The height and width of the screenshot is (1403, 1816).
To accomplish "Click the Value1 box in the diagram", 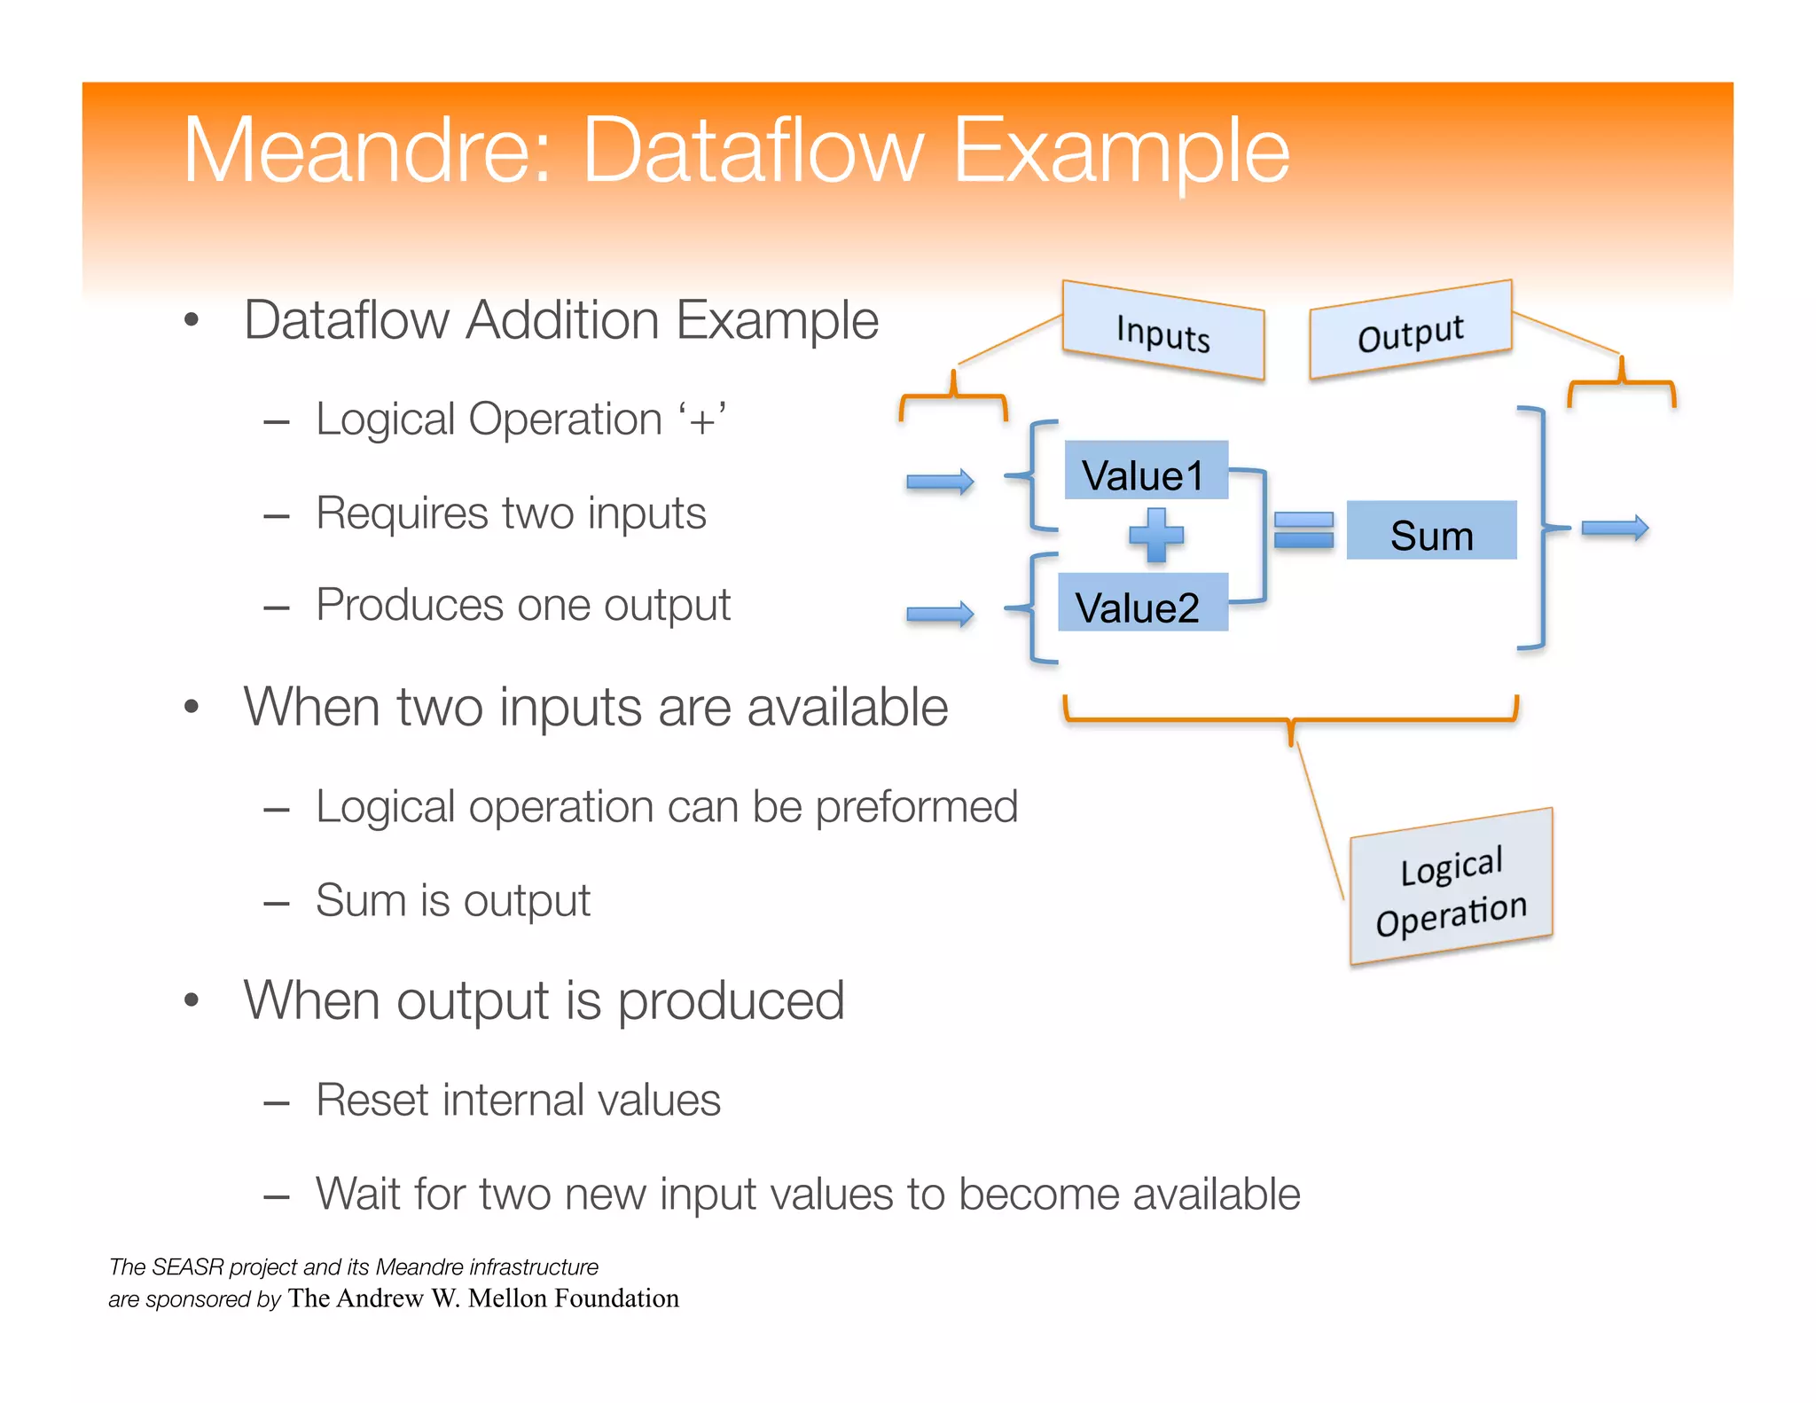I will (1145, 471).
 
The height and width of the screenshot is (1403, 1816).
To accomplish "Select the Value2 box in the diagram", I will (1142, 603).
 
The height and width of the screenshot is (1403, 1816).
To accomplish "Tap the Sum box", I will (1430, 531).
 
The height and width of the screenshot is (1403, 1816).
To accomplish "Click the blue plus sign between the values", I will (1156, 536).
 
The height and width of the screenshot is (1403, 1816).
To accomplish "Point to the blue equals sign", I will (1303, 530).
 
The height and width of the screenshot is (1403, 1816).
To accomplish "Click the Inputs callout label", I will (1162, 331).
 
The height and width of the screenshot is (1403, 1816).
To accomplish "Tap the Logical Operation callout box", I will (1451, 888).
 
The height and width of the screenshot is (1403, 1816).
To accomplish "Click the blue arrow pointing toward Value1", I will (940, 482).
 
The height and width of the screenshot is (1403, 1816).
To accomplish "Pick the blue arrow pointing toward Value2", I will (940, 614).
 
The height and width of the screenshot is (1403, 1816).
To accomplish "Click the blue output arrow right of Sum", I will (1615, 529).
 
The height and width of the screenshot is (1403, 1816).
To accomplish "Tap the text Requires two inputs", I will (511, 513).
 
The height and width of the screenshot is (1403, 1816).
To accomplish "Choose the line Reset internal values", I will (518, 1101).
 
